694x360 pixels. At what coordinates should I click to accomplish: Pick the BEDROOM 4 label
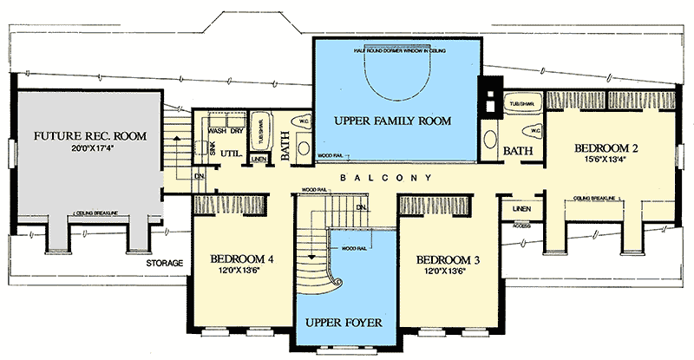pos(240,258)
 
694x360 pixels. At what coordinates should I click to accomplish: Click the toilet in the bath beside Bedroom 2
pos(533,132)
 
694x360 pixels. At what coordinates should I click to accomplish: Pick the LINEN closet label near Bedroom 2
pos(521,208)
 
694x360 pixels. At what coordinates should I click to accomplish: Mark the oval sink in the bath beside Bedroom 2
pos(492,140)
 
